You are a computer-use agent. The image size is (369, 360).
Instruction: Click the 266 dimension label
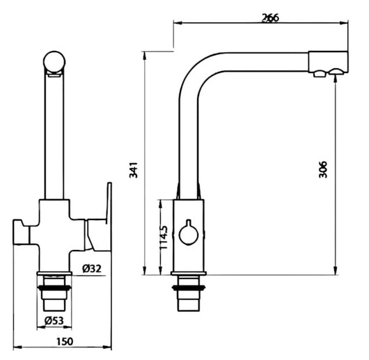271,17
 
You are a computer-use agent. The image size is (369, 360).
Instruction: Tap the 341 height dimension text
134,170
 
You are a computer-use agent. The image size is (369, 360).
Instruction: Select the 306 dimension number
323,169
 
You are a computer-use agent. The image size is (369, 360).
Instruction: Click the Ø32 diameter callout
92,268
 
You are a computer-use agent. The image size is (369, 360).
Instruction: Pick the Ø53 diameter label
54,320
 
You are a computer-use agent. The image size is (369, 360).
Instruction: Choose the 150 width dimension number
65,341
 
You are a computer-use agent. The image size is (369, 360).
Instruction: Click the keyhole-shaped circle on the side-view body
189,233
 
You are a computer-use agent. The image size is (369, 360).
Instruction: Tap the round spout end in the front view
54,62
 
